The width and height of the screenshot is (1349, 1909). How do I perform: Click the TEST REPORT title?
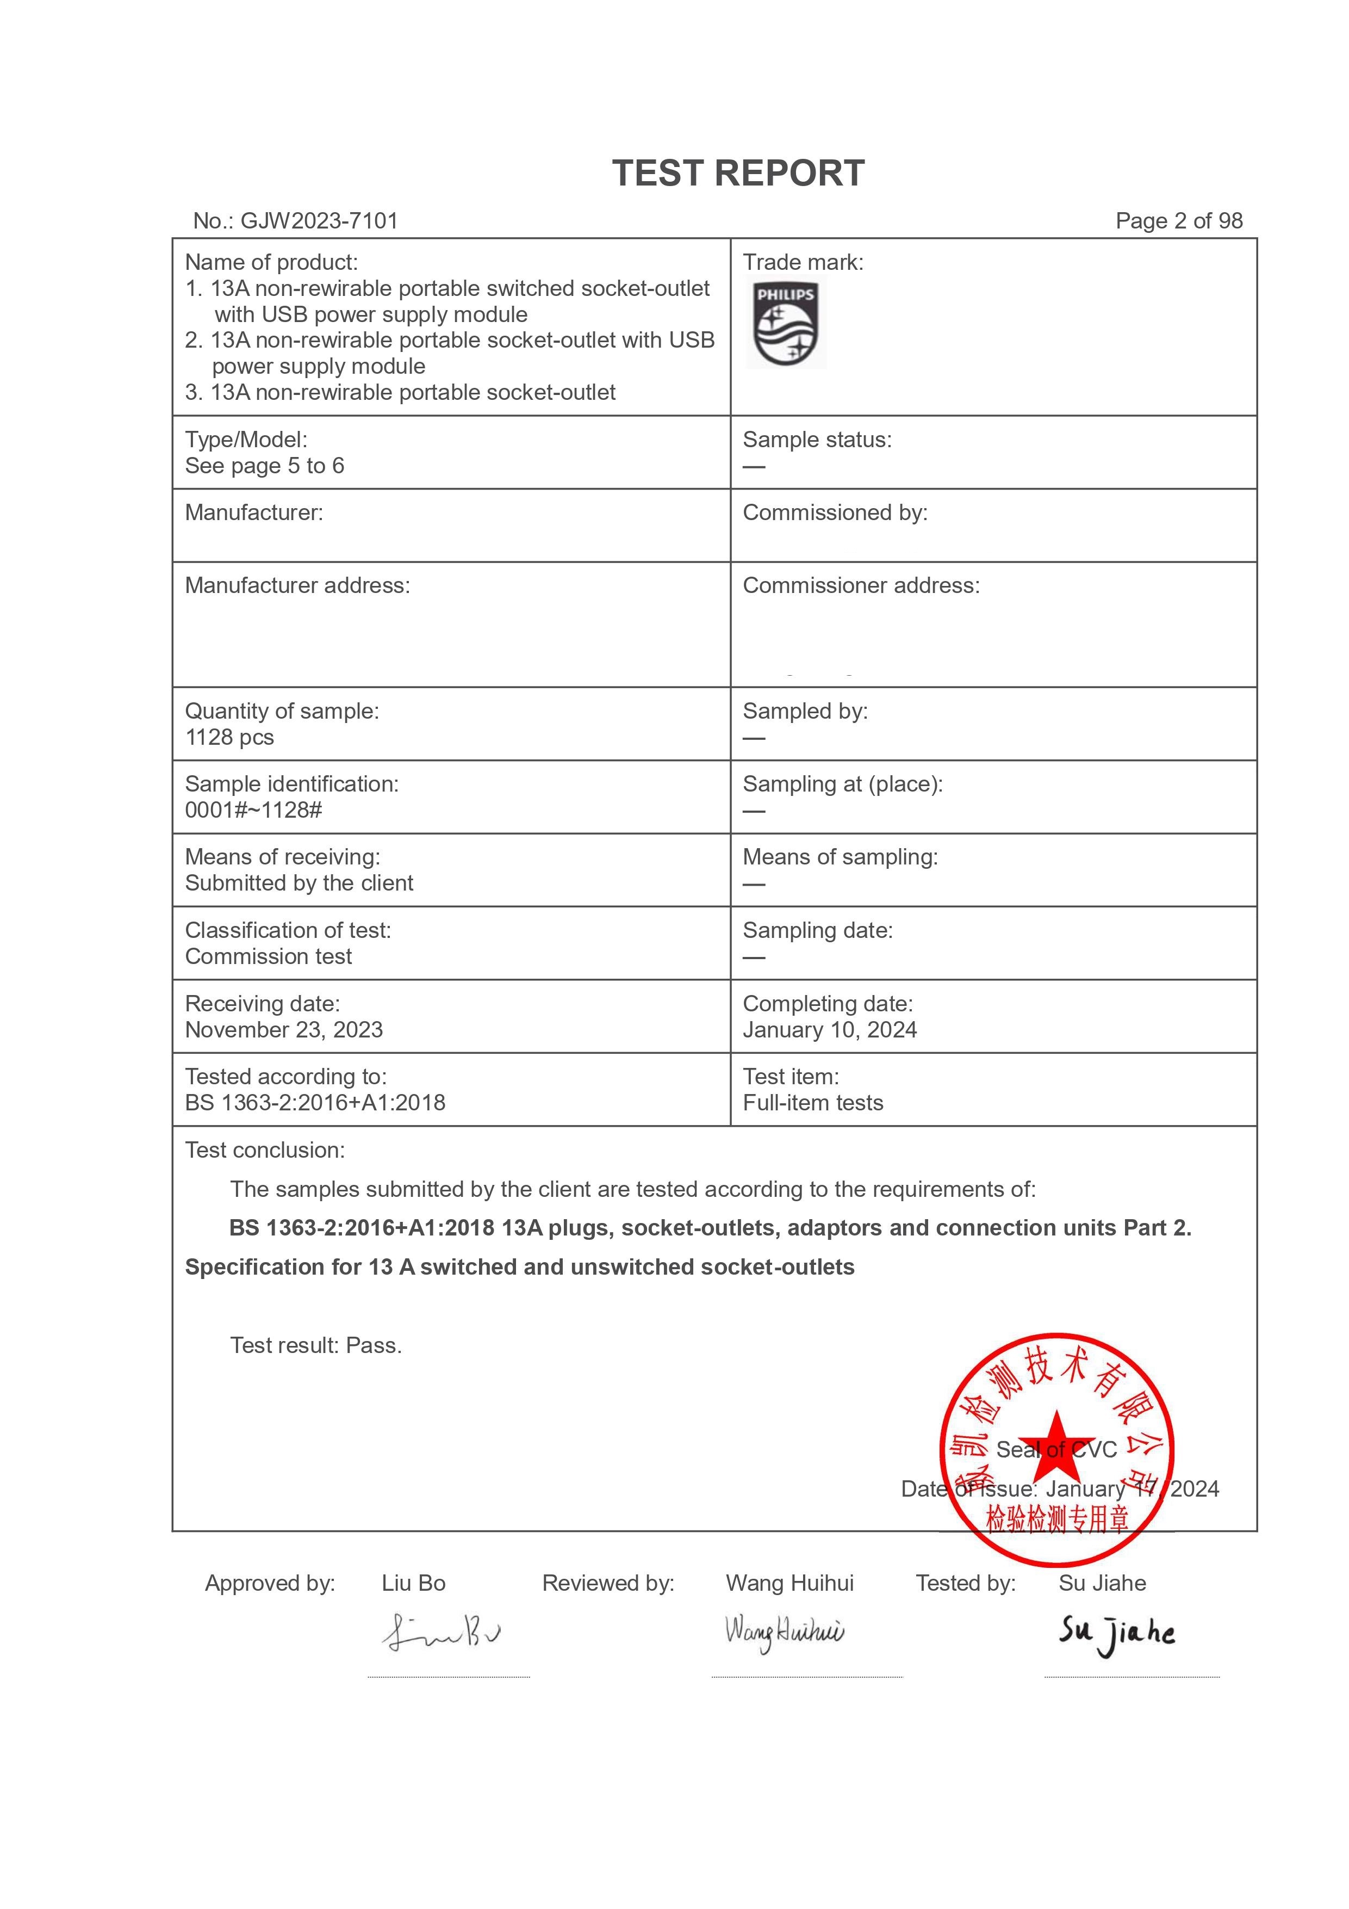(x=738, y=174)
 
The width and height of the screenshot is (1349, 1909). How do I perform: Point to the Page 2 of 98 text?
(x=1179, y=221)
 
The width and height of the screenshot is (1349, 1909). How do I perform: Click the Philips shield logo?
(x=786, y=324)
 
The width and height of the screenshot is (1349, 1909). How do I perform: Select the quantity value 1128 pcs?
(x=229, y=738)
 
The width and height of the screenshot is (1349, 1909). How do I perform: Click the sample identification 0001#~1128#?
(x=253, y=811)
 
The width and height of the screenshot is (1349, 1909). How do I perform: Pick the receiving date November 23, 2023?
(x=283, y=1030)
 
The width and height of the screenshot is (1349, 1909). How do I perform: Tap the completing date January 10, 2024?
(x=830, y=1030)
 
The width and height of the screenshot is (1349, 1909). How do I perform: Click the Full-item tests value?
(x=813, y=1103)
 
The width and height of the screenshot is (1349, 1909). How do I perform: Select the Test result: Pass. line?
(x=316, y=1346)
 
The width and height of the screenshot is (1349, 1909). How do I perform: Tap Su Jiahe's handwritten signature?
(x=1116, y=1634)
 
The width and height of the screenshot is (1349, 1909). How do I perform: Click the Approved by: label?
(x=270, y=1584)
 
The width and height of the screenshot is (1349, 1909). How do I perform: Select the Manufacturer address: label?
(x=297, y=586)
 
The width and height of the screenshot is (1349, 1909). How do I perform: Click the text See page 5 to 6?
(x=264, y=466)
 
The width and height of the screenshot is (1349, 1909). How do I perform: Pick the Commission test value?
(x=269, y=957)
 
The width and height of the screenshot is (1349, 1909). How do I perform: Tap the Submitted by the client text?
(x=299, y=884)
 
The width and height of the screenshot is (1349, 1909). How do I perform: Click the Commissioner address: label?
(x=861, y=586)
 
